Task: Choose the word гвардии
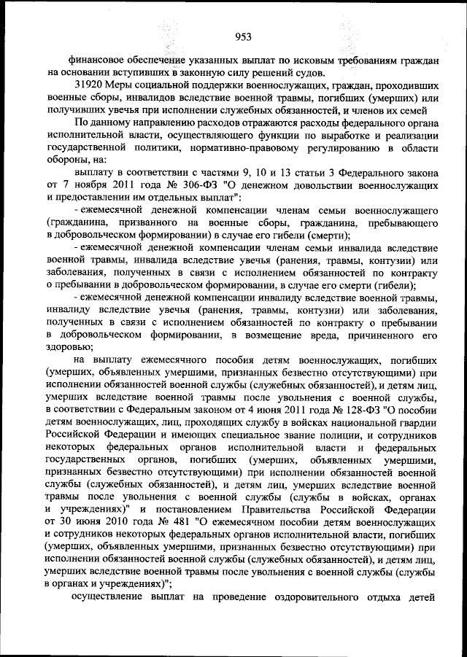pos(414,424)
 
